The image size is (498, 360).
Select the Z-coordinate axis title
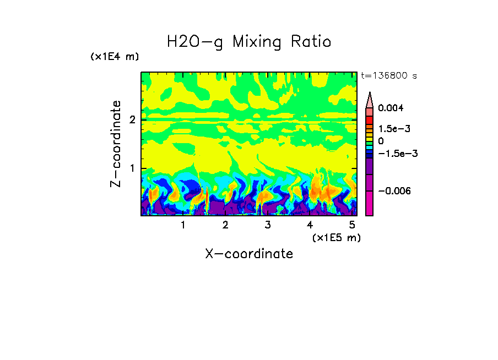pyautogui.click(x=116, y=144)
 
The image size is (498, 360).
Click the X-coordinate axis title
pyautogui.click(x=249, y=254)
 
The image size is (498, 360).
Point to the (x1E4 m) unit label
pyautogui.click(x=115, y=57)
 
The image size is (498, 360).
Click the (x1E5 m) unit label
pyautogui.click(x=336, y=237)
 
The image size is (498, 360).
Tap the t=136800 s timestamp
pyautogui.click(x=388, y=76)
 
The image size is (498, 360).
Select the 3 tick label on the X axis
pyautogui.click(x=268, y=225)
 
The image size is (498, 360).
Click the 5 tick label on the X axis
pyautogui.click(x=352, y=225)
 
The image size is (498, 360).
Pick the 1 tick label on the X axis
pyautogui.click(x=183, y=225)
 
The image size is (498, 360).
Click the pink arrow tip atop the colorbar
pyautogui.click(x=370, y=100)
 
